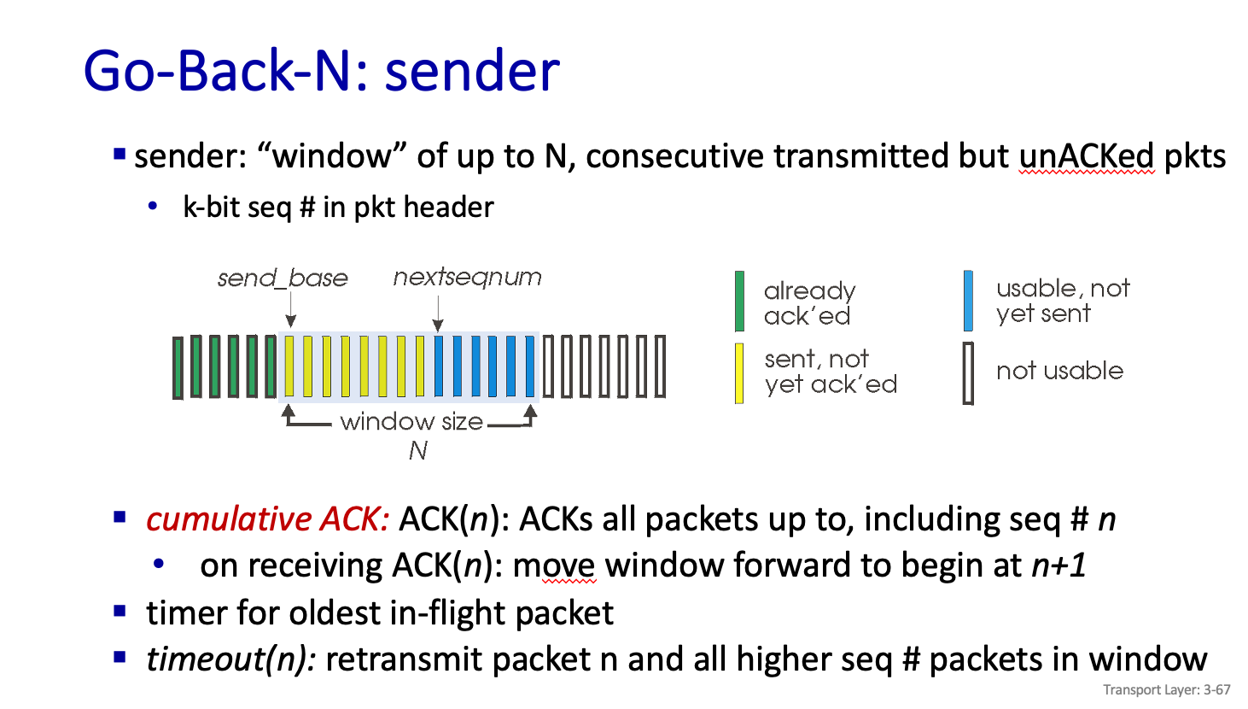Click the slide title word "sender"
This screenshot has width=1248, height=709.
[471, 71]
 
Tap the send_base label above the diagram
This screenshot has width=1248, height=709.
[283, 278]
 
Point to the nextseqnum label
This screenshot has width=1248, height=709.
[467, 278]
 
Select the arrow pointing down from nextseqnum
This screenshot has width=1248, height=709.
[438, 314]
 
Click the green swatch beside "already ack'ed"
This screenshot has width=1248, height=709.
[739, 302]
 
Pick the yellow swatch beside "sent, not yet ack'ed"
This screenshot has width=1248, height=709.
[739, 372]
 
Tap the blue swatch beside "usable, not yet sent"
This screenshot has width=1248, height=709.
[968, 301]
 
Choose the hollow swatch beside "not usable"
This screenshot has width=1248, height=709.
[968, 373]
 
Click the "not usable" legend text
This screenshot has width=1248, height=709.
[1059, 371]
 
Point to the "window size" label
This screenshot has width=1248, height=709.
[411, 422]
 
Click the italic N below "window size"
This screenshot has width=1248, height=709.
[417, 450]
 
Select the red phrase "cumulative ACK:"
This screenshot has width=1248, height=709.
[267, 519]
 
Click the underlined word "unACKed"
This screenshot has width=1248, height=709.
[1086, 156]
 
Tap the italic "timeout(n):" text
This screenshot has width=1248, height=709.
[230, 659]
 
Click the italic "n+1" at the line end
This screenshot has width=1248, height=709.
[1058, 565]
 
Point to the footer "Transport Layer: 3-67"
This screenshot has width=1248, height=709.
[1166, 690]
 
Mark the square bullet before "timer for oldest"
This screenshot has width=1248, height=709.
[120, 612]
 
